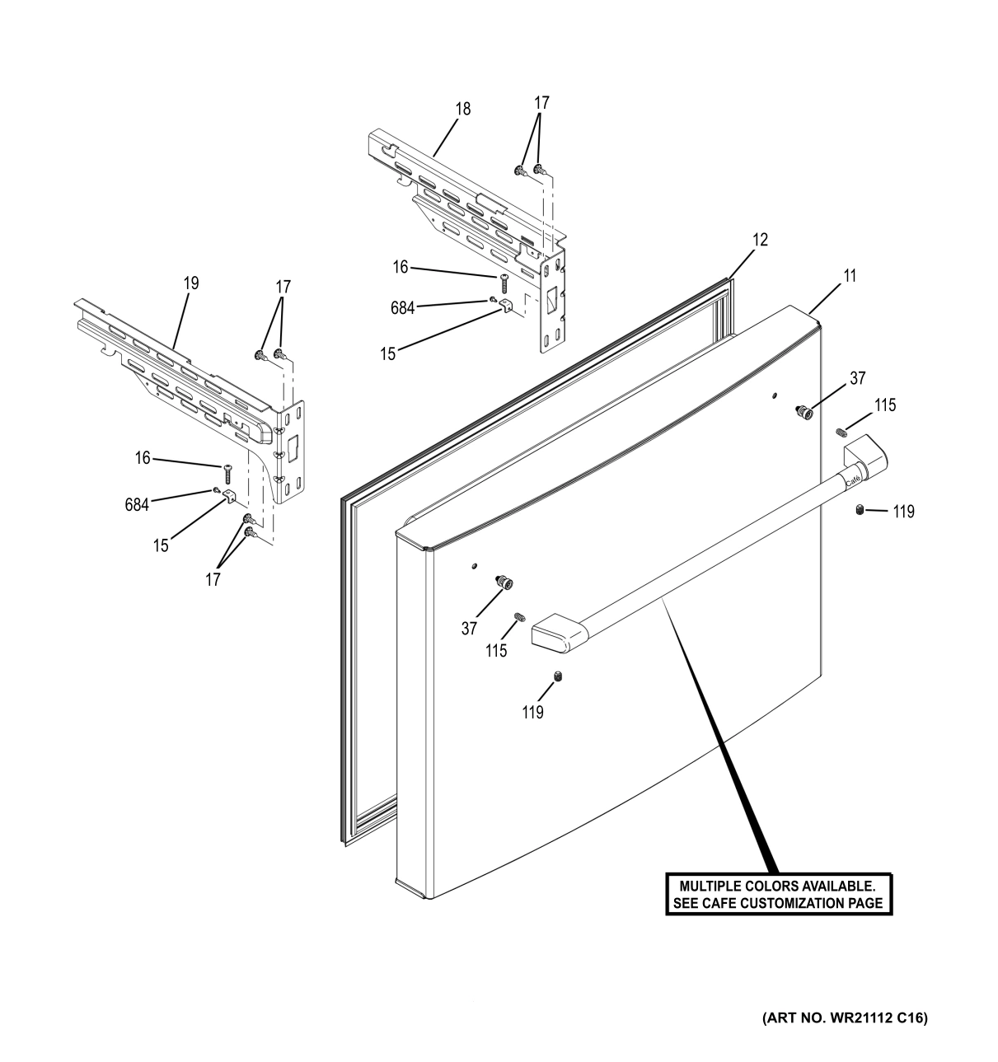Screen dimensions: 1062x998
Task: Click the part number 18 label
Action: [463, 109]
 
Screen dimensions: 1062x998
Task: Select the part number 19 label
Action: [190, 283]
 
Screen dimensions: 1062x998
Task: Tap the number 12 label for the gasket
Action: [760, 240]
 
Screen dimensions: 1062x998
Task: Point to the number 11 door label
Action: [848, 276]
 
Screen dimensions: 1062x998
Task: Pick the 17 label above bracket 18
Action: [541, 103]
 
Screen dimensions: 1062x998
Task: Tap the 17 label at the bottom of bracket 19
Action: [213, 580]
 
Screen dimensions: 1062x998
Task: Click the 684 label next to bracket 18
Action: [402, 308]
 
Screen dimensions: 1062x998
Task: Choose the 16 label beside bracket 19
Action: [143, 458]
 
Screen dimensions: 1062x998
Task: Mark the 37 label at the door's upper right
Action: [858, 378]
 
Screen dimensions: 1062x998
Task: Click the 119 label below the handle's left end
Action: [532, 713]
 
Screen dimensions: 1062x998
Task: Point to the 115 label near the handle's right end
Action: [885, 405]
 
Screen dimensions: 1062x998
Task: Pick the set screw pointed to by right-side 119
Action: [860, 512]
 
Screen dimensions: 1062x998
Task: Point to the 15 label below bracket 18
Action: [387, 354]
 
